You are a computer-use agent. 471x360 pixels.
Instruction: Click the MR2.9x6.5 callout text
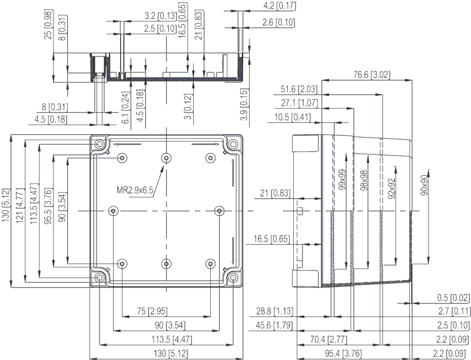pos(135,190)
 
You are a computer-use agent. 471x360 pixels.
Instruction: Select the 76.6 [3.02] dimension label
pos(372,74)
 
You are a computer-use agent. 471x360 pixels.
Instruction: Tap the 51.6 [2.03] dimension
pos(299,89)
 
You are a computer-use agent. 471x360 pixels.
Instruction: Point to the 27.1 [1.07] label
pos(299,103)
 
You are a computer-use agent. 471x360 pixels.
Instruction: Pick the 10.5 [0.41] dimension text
pos(293,117)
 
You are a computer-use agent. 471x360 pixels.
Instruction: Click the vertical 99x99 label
pos(342,179)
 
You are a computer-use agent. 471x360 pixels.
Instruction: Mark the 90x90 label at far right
pos(424,185)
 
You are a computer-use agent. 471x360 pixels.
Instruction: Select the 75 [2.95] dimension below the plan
pos(152,311)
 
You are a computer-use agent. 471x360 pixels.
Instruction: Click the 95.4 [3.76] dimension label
pos(343,353)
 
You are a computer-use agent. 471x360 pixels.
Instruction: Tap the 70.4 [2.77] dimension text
pos(329,339)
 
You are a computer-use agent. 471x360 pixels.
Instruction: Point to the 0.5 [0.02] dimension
pos(453,298)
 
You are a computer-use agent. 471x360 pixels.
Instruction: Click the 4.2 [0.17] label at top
pos(279,6)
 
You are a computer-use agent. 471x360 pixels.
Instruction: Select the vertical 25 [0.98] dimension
pos(48,25)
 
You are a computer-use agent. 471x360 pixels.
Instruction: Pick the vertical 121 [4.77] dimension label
pos(20,206)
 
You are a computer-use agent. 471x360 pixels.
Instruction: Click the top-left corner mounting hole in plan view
pos(99,144)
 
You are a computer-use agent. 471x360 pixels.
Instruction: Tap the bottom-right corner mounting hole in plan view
pos(233,278)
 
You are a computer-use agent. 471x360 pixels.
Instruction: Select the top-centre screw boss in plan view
pos(166,158)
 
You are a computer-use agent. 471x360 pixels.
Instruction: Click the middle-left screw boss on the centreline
pos(113,211)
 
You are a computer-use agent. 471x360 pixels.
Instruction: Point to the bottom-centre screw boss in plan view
pos(166,264)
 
